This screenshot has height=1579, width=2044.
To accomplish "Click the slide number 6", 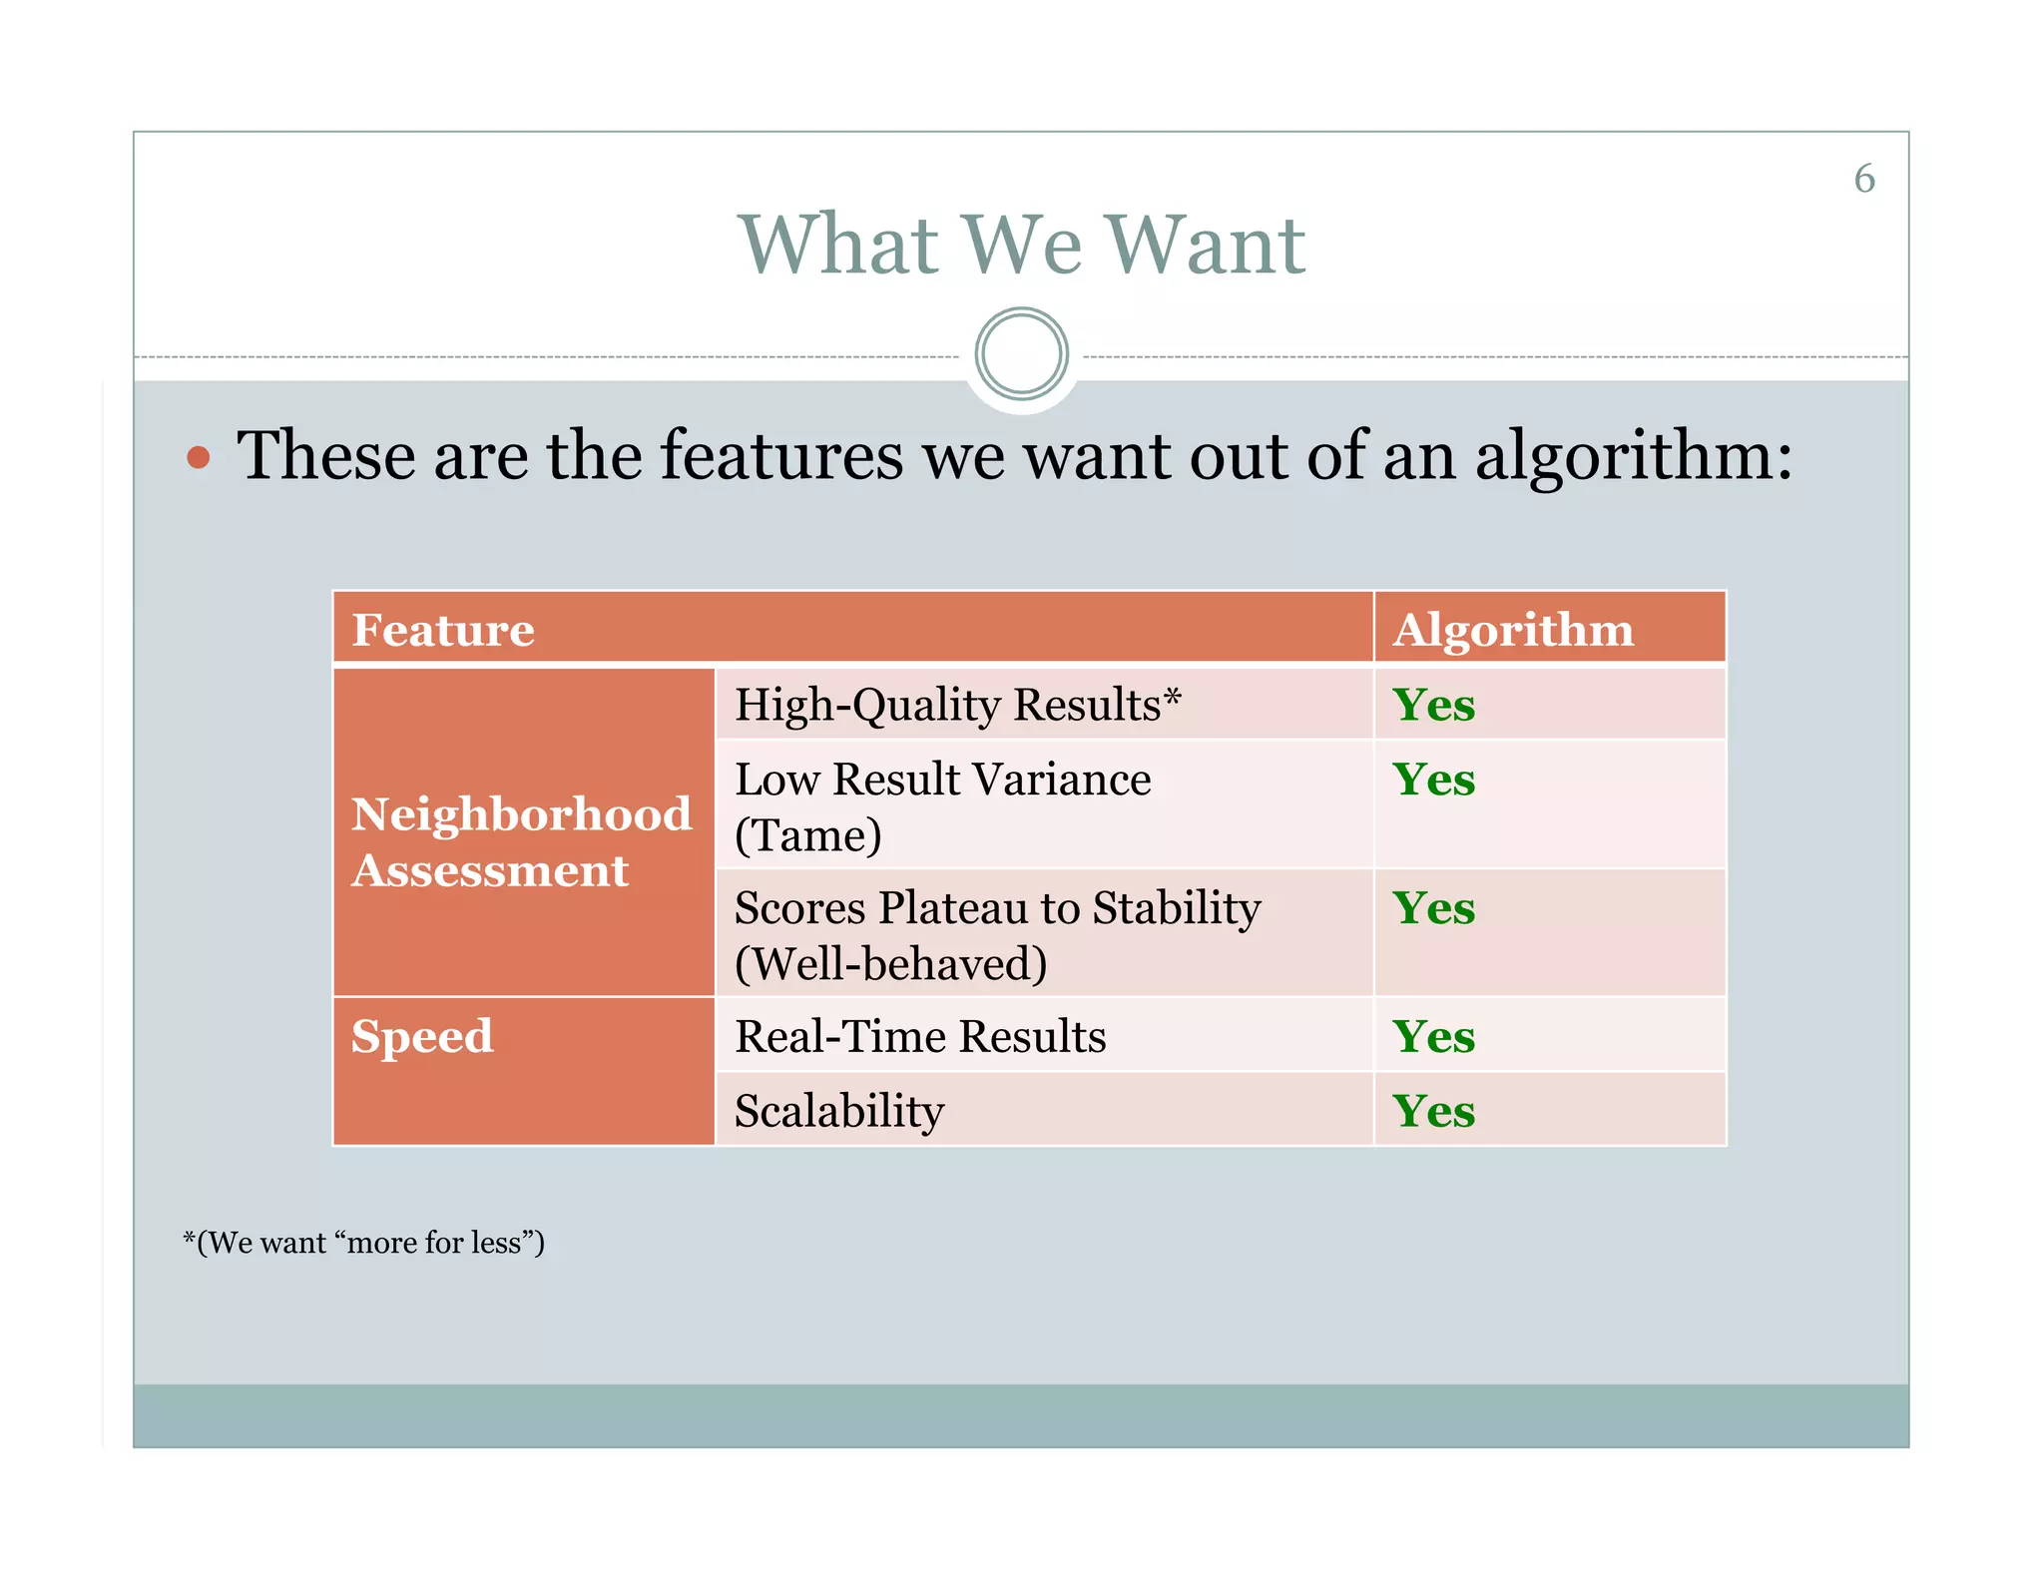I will pos(1863,179).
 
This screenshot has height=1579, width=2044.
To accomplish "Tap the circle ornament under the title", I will pos(1021,354).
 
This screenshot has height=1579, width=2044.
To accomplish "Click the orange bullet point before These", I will pos(199,458).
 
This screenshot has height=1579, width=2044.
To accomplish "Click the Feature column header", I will pos(443,630).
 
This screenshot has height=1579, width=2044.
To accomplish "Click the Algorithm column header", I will pos(1513,630).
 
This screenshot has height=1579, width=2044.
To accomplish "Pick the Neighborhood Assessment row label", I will pos(521,841).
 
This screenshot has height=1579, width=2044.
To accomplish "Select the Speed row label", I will pos(422,1036).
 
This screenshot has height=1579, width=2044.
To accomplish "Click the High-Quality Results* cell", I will pos(957,705).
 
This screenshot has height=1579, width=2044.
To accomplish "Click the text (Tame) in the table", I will pos(807,835).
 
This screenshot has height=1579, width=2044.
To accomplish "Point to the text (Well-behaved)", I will pos(890,964).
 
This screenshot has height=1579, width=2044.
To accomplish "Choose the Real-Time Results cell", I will pos(920,1036).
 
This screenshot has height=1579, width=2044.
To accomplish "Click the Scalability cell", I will pos(838,1111).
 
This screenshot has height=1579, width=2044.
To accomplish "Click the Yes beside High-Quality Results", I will pos(1433,705).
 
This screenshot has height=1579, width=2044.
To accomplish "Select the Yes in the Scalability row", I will pos(1433,1111).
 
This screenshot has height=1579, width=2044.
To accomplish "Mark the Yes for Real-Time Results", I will pos(1433,1036).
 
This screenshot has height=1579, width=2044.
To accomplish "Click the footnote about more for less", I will pos(363,1243).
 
